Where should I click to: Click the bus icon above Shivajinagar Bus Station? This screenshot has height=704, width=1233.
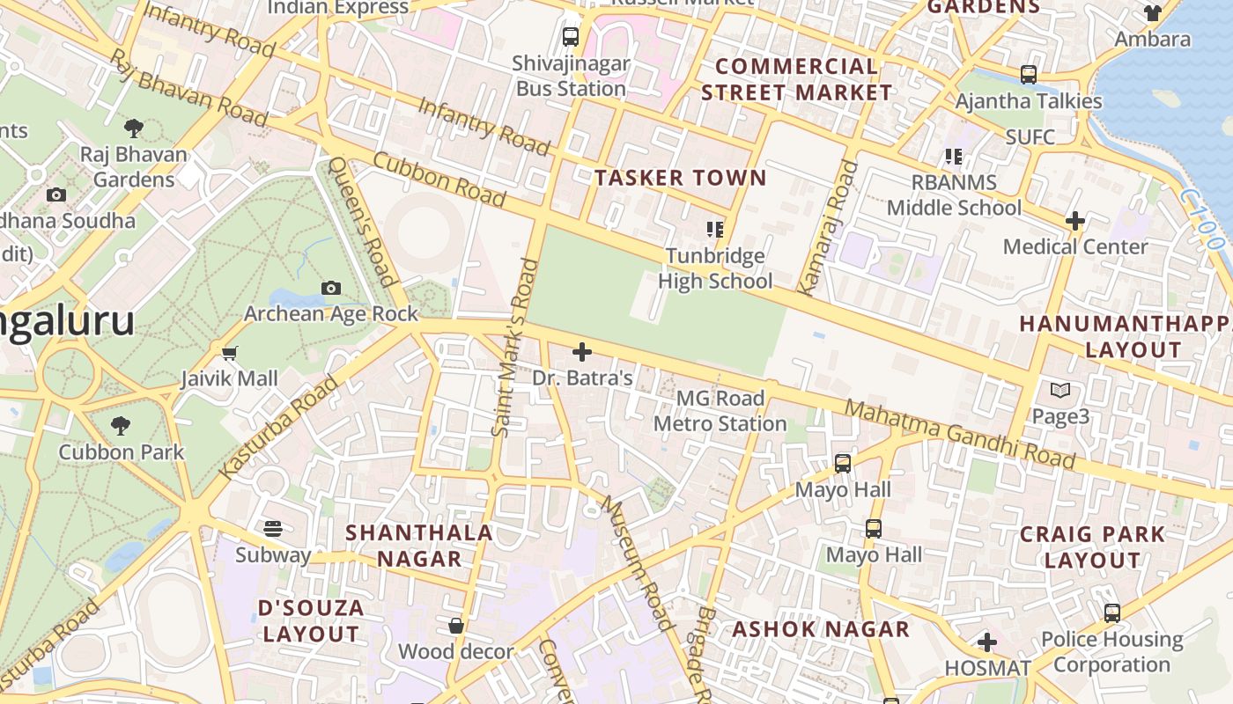pyautogui.click(x=571, y=37)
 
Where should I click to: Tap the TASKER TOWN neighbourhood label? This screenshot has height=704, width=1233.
pyautogui.click(x=680, y=178)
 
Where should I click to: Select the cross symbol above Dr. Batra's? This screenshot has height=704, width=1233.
pyautogui.click(x=582, y=353)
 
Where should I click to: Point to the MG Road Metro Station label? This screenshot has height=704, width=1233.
pyautogui.click(x=720, y=411)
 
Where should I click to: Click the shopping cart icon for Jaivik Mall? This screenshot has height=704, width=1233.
pyautogui.click(x=230, y=354)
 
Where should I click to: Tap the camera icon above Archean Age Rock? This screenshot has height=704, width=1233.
pyautogui.click(x=331, y=288)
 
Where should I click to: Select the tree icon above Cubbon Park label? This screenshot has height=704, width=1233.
pyautogui.click(x=122, y=427)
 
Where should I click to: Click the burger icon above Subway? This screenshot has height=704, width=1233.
pyautogui.click(x=273, y=529)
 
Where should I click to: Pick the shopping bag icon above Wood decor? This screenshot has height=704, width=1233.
pyautogui.click(x=456, y=627)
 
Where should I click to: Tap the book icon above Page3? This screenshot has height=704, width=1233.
pyautogui.click(x=1060, y=390)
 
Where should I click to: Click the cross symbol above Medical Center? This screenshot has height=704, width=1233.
pyautogui.click(x=1074, y=221)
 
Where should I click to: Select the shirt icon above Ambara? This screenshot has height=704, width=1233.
pyautogui.click(x=1152, y=13)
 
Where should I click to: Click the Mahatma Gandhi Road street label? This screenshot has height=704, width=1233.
pyautogui.click(x=960, y=435)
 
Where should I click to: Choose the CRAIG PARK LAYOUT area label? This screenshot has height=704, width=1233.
pyautogui.click(x=1092, y=546)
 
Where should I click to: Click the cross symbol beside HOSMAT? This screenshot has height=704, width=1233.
pyautogui.click(x=987, y=643)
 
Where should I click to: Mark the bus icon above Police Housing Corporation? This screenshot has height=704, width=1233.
pyautogui.click(x=1112, y=613)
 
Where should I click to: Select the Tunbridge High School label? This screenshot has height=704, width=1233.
pyautogui.click(x=715, y=268)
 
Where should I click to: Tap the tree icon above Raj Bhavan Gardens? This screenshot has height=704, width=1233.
pyautogui.click(x=134, y=129)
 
